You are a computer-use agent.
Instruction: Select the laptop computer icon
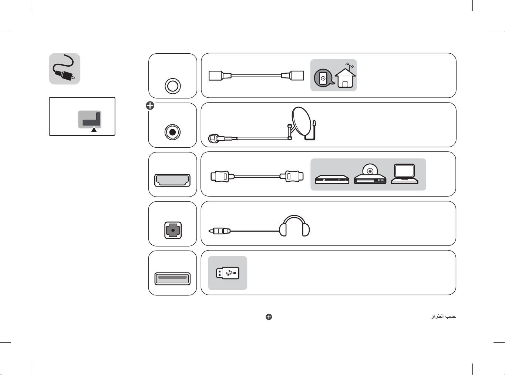click(405, 174)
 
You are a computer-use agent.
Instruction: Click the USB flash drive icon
click(228, 273)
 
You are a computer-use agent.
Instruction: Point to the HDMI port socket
click(172, 180)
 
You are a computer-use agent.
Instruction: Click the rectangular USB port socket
click(172, 279)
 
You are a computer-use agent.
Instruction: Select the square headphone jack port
click(173, 230)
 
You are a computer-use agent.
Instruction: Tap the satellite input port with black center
click(172, 132)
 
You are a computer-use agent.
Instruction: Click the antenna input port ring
click(173, 86)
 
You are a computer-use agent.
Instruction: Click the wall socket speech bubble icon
click(324, 78)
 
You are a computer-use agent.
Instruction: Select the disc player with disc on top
click(370, 174)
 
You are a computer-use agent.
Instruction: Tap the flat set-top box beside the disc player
click(332, 179)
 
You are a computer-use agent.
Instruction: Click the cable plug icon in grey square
click(64, 69)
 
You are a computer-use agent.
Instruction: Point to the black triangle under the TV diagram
click(94, 130)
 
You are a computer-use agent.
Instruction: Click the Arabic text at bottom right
click(443, 317)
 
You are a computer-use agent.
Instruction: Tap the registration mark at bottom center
click(269, 317)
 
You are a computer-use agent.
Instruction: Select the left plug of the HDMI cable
click(222, 176)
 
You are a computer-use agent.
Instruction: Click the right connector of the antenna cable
click(293, 76)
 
